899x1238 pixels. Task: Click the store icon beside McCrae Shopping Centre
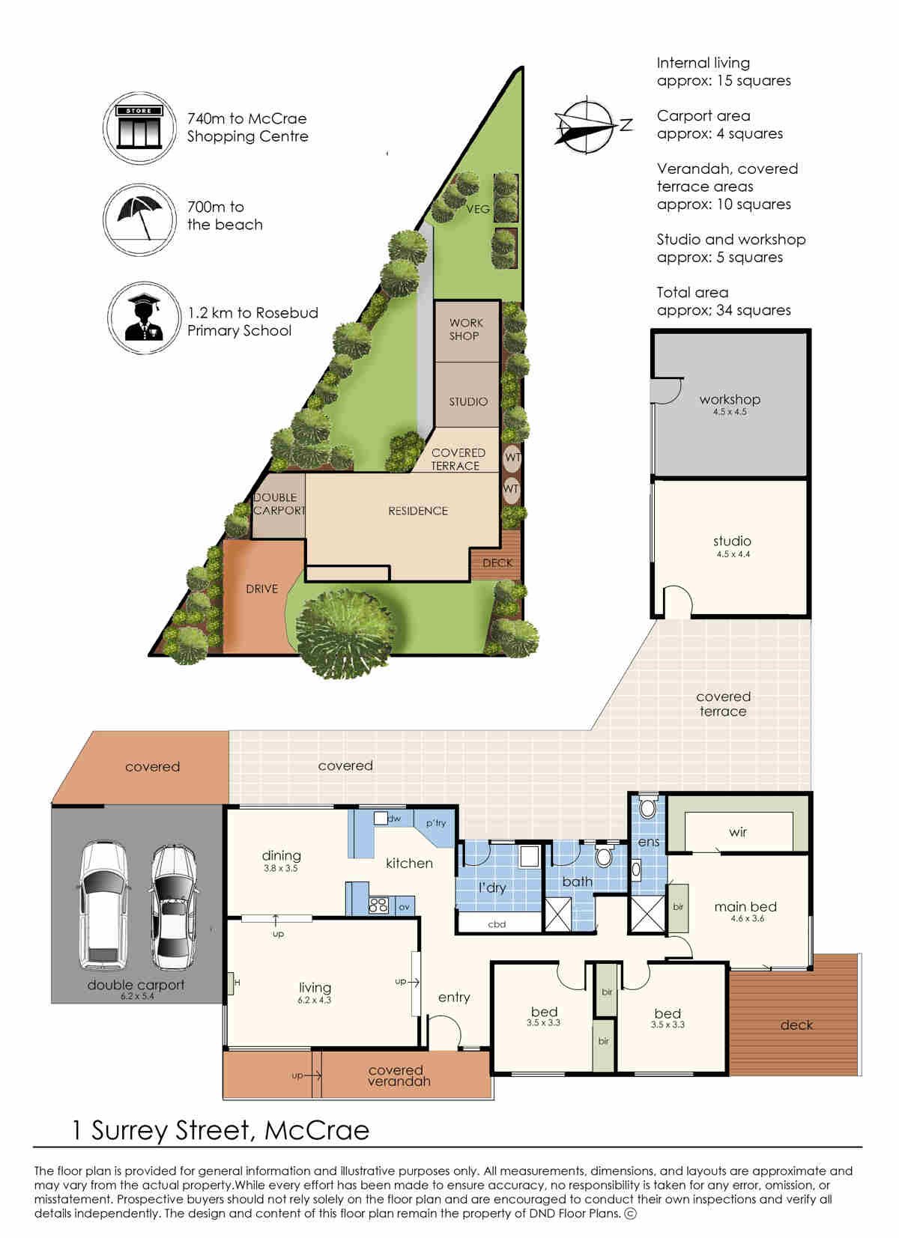139,127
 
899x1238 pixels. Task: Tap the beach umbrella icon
139,219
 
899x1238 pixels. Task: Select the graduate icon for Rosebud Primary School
144,318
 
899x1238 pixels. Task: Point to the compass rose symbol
590,125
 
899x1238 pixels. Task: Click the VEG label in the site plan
478,209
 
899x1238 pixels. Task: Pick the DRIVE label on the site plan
261,589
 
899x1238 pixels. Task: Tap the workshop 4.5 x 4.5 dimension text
730,412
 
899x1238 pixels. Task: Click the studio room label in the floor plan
732,541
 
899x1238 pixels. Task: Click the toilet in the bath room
604,855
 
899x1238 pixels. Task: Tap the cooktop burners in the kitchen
378,905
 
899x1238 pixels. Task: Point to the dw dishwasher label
394,819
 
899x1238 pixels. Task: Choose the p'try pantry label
436,823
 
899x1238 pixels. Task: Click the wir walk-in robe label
738,832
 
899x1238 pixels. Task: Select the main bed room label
745,906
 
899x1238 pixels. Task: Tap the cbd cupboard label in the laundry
497,924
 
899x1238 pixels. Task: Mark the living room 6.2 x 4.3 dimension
314,1000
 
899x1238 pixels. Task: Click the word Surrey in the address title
129,1132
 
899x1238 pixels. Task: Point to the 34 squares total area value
754,310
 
